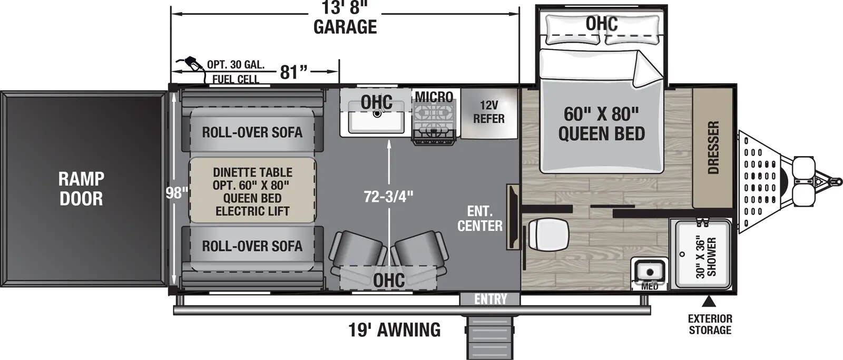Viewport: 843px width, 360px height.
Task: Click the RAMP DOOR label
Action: coord(81,189)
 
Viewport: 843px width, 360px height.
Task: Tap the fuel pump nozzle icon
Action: coord(192,63)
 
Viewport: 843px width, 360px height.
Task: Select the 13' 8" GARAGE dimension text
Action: coord(345,19)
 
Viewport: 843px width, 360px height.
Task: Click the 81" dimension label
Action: coord(293,72)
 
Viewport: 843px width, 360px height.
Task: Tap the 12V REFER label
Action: coord(488,112)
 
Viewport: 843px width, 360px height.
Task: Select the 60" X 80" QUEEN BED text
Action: coord(601,124)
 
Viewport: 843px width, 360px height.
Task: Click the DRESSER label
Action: coord(713,148)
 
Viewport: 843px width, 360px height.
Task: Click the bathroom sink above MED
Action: coord(649,271)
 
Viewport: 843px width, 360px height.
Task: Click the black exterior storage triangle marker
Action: coord(709,301)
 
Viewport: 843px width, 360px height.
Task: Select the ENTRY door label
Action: coord(490,299)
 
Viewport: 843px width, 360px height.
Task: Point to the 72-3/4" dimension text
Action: coord(389,197)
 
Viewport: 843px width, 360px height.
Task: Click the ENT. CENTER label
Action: coord(479,219)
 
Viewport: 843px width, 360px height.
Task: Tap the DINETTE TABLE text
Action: coord(252,172)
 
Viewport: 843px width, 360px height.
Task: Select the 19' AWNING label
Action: coord(394,330)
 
